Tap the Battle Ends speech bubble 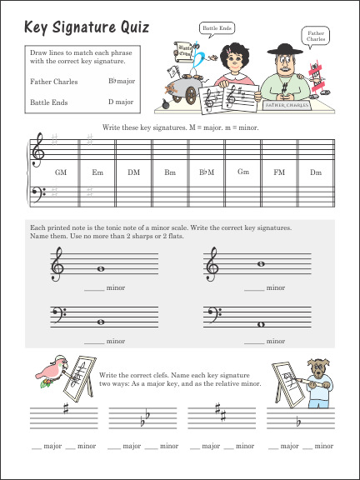(215, 28)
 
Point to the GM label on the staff (60, 172)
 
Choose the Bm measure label (170, 172)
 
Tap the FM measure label (279, 172)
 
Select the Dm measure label (315, 172)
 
